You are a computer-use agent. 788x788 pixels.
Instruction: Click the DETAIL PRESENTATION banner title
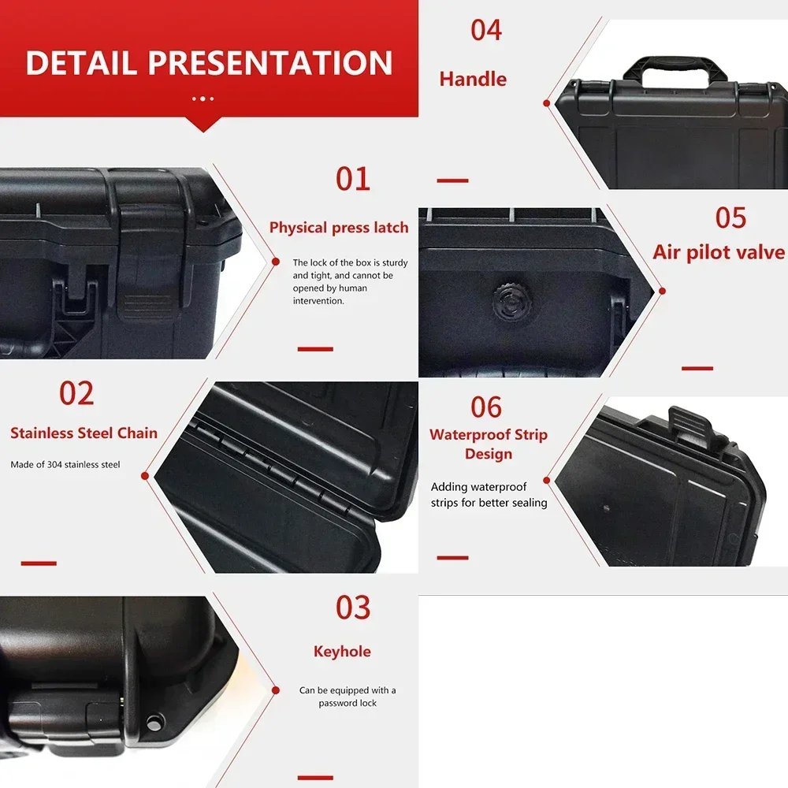pyautogui.click(x=209, y=63)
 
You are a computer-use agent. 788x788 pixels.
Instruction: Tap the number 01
pyautogui.click(x=352, y=179)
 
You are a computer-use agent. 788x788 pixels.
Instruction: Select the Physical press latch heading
pyautogui.click(x=339, y=228)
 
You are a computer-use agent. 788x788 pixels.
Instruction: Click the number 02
pyautogui.click(x=76, y=393)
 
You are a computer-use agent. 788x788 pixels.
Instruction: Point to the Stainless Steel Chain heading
pyautogui.click(x=84, y=433)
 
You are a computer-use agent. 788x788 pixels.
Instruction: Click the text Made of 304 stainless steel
pyautogui.click(x=65, y=465)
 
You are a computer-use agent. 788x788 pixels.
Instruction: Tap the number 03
pyautogui.click(x=352, y=608)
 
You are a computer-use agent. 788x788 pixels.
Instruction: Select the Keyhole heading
pyautogui.click(x=342, y=652)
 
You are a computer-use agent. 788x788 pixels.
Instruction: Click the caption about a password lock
pyautogui.click(x=348, y=697)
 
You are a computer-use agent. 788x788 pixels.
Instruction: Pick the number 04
pyautogui.click(x=486, y=30)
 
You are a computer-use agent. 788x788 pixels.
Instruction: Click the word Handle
pyautogui.click(x=473, y=79)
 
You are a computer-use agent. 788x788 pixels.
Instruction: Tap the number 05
pyautogui.click(x=730, y=217)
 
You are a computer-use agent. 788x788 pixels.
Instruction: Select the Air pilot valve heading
pyautogui.click(x=719, y=252)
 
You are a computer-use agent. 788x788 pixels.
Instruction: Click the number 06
pyautogui.click(x=486, y=407)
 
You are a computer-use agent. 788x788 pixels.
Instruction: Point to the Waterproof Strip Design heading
pyautogui.click(x=489, y=444)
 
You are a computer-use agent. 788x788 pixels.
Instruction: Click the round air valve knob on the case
pyautogui.click(x=508, y=303)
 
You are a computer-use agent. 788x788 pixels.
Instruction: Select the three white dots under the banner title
pyautogui.click(x=203, y=98)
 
